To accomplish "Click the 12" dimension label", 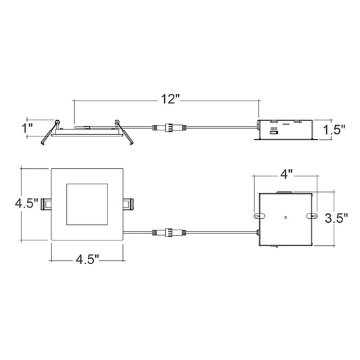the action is (x=170, y=99).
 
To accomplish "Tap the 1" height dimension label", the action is (x=27, y=128).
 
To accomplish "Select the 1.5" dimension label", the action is (x=334, y=130).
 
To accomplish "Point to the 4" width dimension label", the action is (x=286, y=175).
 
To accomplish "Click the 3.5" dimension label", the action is (x=336, y=218).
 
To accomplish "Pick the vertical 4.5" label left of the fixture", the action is (x=26, y=203).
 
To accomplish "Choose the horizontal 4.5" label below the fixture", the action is (x=88, y=259).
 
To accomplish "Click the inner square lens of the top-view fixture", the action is (x=87, y=204).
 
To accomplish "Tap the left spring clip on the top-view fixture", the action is (x=46, y=204).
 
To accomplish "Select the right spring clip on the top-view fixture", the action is (x=128, y=204).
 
